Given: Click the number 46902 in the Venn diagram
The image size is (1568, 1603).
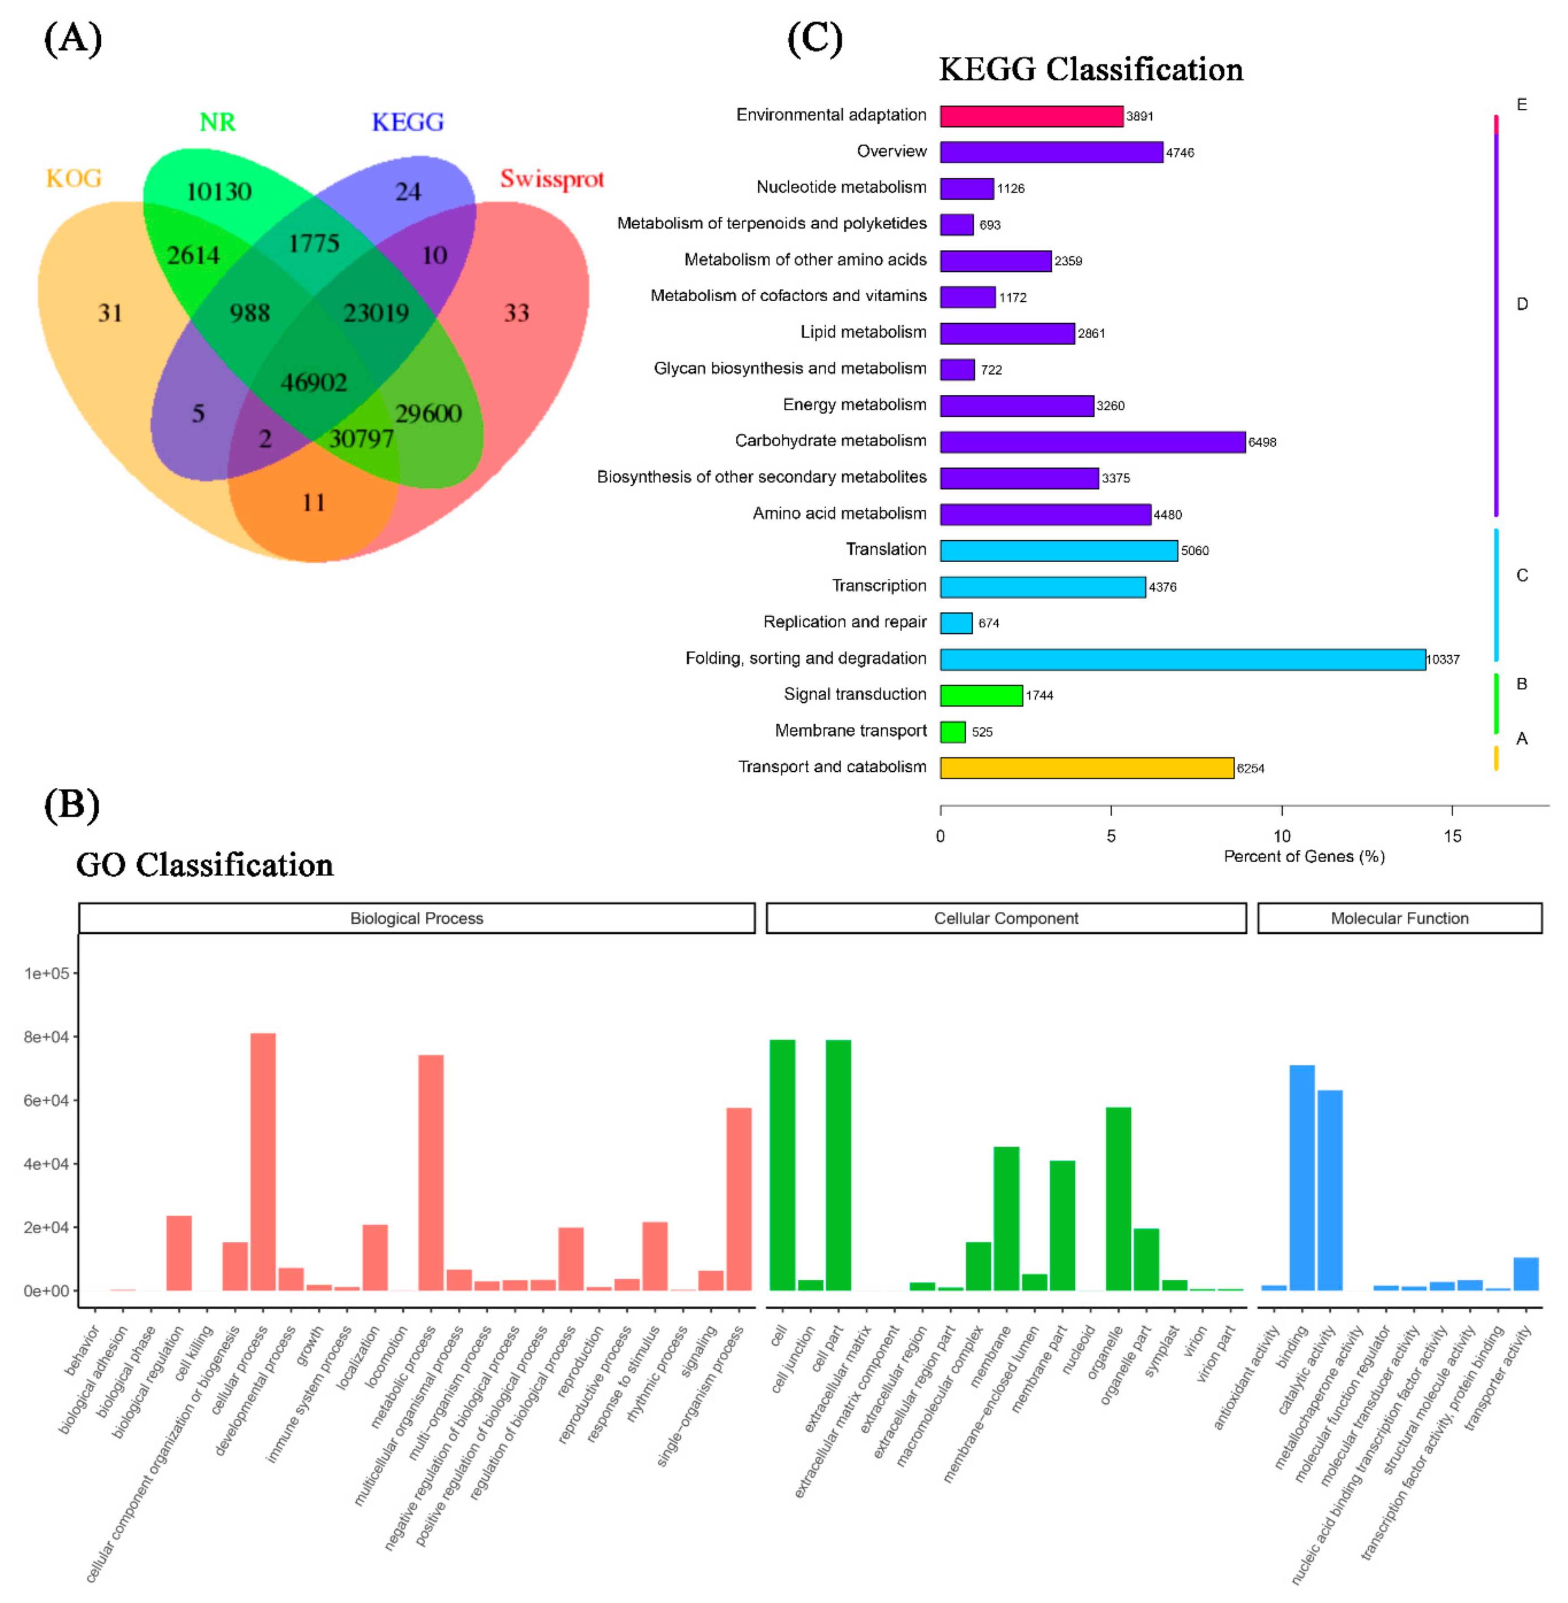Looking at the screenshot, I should pyautogui.click(x=314, y=382).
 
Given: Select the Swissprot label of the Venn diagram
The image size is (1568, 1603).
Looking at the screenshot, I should pyautogui.click(x=552, y=179).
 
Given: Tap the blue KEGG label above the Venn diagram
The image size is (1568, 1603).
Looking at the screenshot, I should pyautogui.click(x=408, y=122).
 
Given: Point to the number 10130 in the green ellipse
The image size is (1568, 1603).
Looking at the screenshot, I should pyautogui.click(x=219, y=192).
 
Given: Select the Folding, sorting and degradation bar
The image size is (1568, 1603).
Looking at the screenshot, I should pyautogui.click(x=1183, y=659).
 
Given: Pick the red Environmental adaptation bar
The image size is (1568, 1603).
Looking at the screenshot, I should pyautogui.click(x=1031, y=116).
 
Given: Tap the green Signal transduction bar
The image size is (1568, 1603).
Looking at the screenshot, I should pyautogui.click(x=981, y=695).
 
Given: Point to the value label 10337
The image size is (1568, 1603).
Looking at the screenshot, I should pyautogui.click(x=1443, y=659).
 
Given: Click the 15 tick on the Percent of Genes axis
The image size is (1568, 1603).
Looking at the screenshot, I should pyautogui.click(x=1452, y=836).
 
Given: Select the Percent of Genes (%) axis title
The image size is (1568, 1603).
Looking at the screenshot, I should pyautogui.click(x=1303, y=857).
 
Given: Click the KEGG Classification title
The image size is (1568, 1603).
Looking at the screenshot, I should pyautogui.click(x=1091, y=70).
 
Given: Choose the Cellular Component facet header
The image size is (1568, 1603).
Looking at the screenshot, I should pyautogui.click(x=1005, y=919).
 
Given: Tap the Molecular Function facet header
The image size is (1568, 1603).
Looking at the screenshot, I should pyautogui.click(x=1399, y=919).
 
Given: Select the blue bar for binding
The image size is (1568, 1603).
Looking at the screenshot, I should pyautogui.click(x=1302, y=1178).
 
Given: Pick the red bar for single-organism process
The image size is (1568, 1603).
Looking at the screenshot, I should pyautogui.click(x=739, y=1198).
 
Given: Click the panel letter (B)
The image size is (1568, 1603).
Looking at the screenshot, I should pyautogui.click(x=72, y=806).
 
